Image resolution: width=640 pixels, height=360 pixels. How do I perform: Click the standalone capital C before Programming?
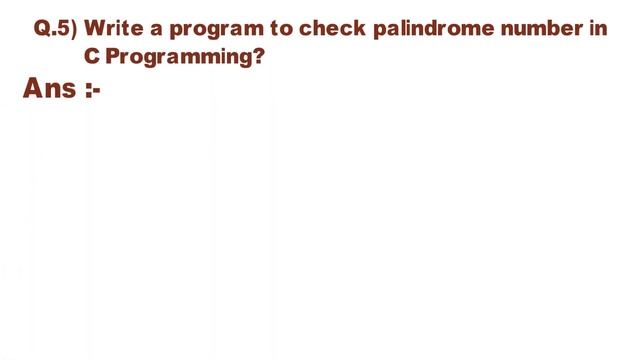click(x=91, y=57)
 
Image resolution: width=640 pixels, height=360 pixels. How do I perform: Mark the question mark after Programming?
click(x=259, y=57)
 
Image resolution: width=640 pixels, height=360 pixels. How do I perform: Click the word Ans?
click(x=49, y=89)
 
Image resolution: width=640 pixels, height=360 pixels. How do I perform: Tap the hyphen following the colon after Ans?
click(x=97, y=92)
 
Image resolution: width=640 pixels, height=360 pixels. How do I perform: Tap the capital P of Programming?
click(x=111, y=57)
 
